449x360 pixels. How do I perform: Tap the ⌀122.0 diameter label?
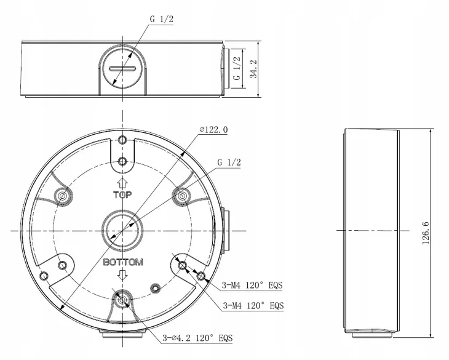pos(213,130)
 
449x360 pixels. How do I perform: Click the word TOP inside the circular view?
pos(122,195)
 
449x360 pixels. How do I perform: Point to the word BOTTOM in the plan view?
pos(123,262)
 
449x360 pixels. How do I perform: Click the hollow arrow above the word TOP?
pos(122,183)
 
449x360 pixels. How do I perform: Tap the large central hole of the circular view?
pos(122,228)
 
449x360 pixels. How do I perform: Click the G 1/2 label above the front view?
pos(162,19)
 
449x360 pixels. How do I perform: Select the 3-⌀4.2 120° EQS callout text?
pos(197,338)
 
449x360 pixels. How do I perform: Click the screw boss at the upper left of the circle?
pos(62,195)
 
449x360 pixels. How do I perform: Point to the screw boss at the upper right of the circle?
pos(182,195)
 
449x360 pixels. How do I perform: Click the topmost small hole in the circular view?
pos(122,141)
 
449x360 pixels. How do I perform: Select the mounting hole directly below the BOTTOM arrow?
pos(122,301)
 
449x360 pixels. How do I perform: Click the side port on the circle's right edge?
pos(225,229)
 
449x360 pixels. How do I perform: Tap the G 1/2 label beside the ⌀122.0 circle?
pos(228,162)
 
